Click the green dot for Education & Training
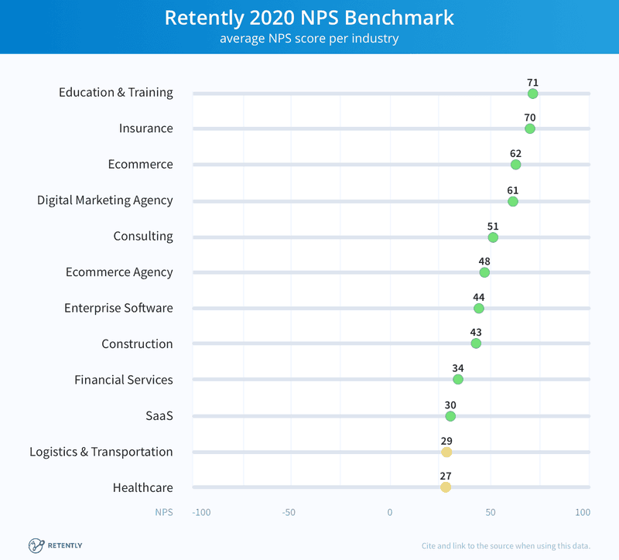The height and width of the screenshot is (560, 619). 532,94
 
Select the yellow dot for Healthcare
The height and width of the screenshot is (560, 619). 446,487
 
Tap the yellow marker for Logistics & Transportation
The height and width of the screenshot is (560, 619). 446,452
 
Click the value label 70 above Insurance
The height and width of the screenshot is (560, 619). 529,118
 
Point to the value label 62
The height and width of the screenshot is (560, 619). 515,154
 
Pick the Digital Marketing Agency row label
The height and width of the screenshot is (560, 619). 105,200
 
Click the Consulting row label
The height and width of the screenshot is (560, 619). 143,237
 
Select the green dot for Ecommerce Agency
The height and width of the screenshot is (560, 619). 484,272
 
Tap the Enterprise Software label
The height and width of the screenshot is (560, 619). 118,309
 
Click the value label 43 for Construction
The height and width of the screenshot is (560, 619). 476,333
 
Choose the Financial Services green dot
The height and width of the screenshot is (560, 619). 458,379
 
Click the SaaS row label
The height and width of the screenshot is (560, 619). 159,416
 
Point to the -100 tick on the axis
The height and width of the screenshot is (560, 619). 202,513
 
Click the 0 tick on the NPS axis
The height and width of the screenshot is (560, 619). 390,513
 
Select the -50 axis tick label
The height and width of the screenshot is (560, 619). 289,513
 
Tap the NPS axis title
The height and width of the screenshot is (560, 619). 163,513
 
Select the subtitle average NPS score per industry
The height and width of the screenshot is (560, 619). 309,38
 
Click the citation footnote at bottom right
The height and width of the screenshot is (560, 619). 506,546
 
